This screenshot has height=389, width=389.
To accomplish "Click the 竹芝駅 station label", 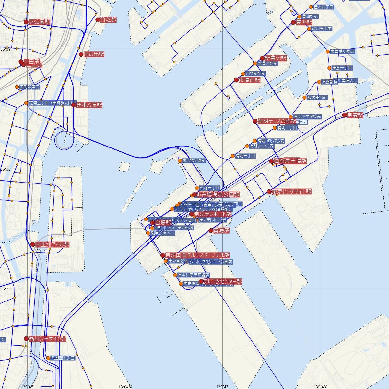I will coord(108,20).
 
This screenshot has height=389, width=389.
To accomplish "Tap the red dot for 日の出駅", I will coord(81,54).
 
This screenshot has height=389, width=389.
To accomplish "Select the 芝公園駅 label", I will coord(39,22).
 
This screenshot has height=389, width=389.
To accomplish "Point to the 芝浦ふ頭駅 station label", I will coord(89,105).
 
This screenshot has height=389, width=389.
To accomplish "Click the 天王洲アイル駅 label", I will coord(52,244).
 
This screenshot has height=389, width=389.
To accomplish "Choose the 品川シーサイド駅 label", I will coord(47,338).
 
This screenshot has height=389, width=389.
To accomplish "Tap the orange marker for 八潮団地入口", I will coord(48,358).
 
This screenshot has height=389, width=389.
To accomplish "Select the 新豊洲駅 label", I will coord(276,58).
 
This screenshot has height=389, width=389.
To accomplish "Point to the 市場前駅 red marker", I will coord(236,80).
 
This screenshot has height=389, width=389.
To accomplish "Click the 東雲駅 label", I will coord(355,115).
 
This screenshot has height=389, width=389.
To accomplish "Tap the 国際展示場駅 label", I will coord(290,161).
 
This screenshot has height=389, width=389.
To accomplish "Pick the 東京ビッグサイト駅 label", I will coord(291,192).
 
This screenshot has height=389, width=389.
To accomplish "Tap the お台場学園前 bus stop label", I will coord(194,160).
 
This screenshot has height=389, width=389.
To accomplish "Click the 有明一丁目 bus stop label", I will coord(245,156).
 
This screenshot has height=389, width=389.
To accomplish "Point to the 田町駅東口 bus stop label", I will coord(29,87).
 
